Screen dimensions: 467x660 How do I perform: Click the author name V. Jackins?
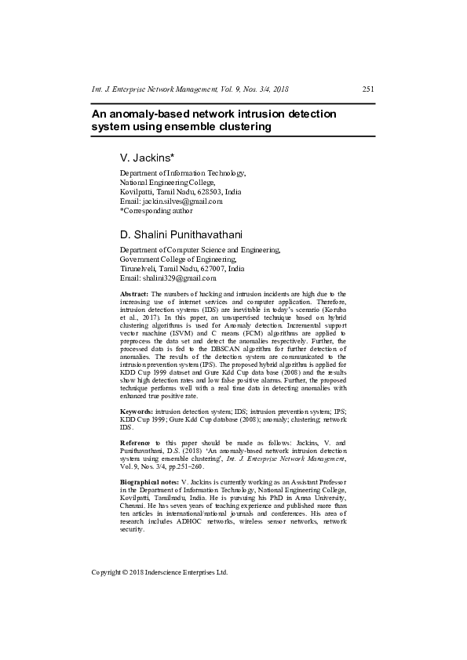pyautogui.click(x=147, y=157)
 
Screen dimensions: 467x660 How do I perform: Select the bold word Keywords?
pyautogui.click(x=137, y=412)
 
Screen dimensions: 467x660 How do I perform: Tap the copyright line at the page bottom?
pyautogui.click(x=159, y=572)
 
